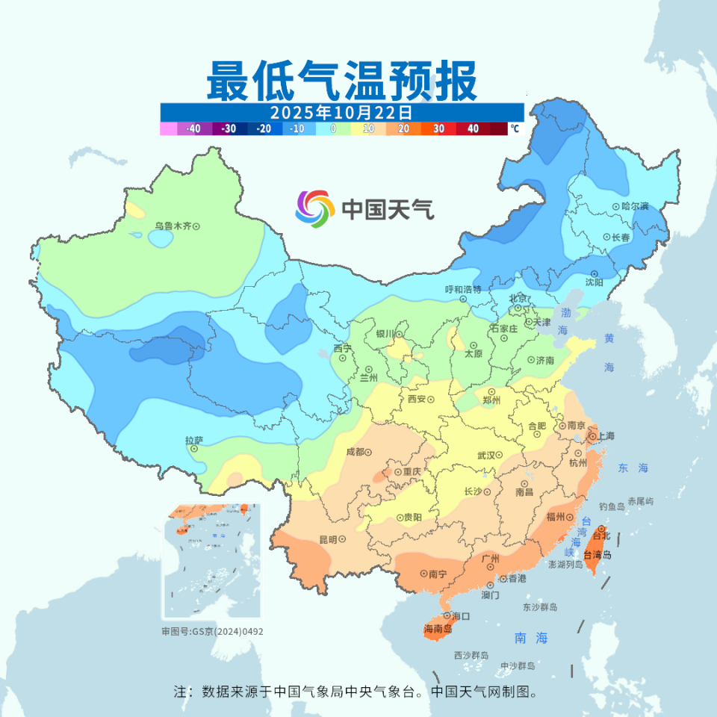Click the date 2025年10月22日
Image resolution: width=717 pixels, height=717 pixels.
click(x=341, y=112)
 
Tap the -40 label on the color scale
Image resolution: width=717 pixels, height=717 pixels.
click(x=193, y=128)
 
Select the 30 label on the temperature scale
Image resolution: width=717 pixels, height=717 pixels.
click(x=438, y=128)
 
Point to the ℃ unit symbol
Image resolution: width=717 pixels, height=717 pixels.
click(x=515, y=128)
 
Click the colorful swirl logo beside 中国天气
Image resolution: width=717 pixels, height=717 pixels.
click(x=314, y=208)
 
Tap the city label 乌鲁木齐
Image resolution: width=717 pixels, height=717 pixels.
click(x=173, y=226)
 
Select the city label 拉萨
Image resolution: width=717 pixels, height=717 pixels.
click(x=194, y=441)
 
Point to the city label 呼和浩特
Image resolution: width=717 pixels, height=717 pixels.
click(x=463, y=289)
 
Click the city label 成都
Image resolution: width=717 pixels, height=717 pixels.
click(x=355, y=451)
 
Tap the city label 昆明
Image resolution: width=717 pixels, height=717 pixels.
click(x=329, y=539)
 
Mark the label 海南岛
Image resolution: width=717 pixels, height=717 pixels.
click(x=438, y=629)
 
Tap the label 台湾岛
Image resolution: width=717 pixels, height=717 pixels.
click(x=597, y=555)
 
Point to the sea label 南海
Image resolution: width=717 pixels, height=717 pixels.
click(x=532, y=638)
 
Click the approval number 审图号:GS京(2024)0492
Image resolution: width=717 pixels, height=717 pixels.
click(x=213, y=631)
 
